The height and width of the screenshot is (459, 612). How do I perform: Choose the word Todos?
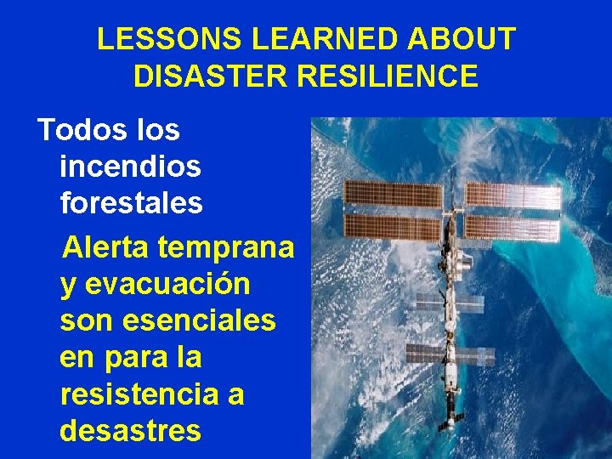pyautogui.click(x=77, y=130)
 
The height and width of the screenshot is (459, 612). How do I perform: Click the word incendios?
pyautogui.click(x=130, y=166)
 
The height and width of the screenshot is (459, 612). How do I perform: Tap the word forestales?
pyautogui.click(x=131, y=203)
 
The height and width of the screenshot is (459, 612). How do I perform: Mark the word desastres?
pyautogui.click(x=130, y=430)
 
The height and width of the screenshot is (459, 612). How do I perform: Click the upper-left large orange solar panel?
pyautogui.click(x=393, y=195)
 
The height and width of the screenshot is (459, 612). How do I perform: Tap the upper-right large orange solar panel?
pyautogui.click(x=513, y=196)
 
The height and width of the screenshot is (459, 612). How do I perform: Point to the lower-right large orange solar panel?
pyautogui.click(x=512, y=227)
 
